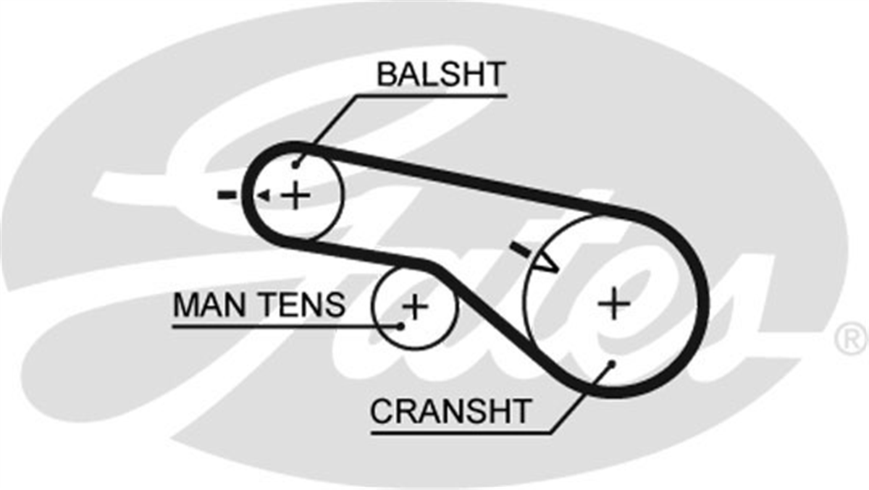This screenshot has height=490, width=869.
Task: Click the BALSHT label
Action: (x=441, y=74)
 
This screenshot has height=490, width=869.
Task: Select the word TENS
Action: (x=302, y=305)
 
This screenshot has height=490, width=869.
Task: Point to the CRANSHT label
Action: (x=450, y=411)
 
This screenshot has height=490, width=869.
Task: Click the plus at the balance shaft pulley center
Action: (x=295, y=195)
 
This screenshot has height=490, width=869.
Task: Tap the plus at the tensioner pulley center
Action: (x=415, y=307)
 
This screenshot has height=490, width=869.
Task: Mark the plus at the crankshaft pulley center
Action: (x=614, y=303)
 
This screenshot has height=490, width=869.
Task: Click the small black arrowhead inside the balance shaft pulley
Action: (x=264, y=195)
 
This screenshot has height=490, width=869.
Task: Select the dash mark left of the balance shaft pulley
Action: (x=227, y=194)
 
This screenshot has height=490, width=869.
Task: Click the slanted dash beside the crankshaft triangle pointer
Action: (x=520, y=249)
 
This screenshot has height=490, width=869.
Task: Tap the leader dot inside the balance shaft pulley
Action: (x=295, y=166)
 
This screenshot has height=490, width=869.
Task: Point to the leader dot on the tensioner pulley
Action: (x=400, y=326)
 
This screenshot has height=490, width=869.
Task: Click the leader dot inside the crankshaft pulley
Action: (x=612, y=364)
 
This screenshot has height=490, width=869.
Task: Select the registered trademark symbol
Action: (x=851, y=340)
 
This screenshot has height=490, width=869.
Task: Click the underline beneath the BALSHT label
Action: (x=431, y=96)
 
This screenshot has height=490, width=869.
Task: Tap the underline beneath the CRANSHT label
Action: (x=461, y=433)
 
